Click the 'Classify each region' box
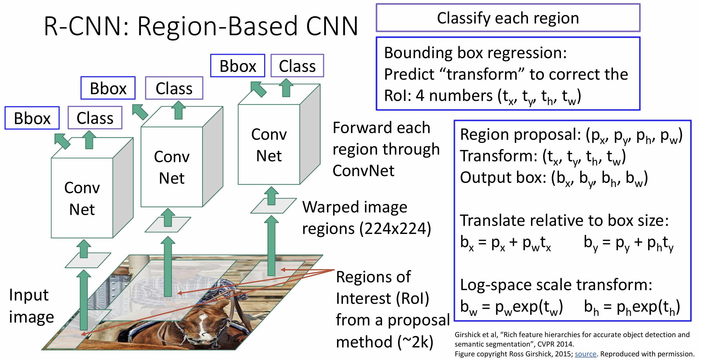coord(508,18)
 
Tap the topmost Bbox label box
coord(238,66)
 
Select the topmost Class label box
coord(297,66)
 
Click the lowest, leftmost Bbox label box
coord(32,118)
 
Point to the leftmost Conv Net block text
coord(82,198)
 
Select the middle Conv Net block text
coord(172,167)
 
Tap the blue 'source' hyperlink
coord(585,354)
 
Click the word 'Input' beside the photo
coord(29,295)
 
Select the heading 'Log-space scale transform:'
coord(556,285)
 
